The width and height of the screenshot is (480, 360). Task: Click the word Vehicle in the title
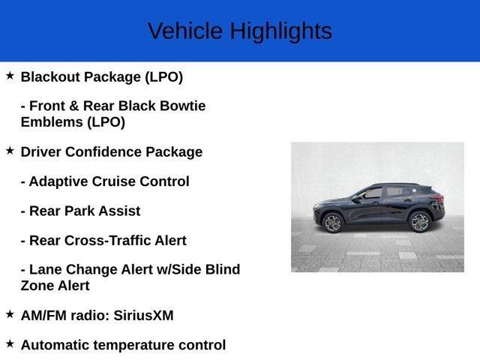click(185, 31)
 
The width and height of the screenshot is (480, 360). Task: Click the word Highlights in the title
click(280, 31)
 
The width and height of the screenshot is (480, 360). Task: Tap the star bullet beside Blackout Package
click(10, 76)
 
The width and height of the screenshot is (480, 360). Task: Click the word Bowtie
click(181, 106)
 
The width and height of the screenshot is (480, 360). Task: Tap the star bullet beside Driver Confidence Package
click(10, 151)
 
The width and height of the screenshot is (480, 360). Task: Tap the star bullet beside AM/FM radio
click(10, 314)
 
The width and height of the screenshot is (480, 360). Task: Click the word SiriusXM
click(143, 316)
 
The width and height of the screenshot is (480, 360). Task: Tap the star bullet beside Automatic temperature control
click(10, 343)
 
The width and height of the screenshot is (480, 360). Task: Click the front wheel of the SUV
click(332, 223)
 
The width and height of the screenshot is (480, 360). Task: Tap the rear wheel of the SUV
click(420, 222)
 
